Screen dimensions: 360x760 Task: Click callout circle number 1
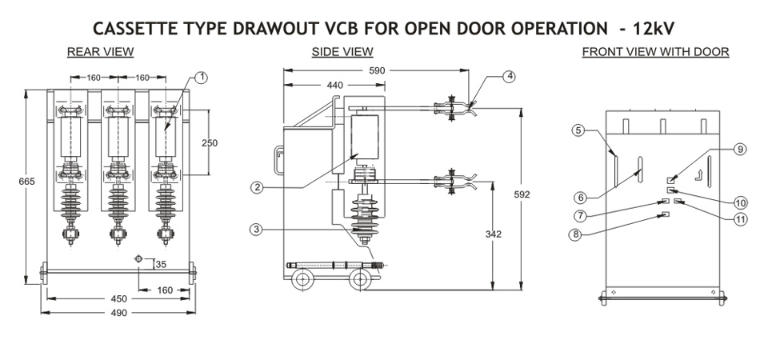(x=201, y=78)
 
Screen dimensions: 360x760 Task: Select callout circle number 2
(x=257, y=187)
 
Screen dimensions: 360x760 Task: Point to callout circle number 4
(x=509, y=77)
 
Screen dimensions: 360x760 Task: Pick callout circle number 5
(x=578, y=130)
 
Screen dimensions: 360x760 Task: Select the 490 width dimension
(x=118, y=312)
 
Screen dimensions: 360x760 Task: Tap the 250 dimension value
(x=209, y=143)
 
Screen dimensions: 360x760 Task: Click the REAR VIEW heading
(x=100, y=52)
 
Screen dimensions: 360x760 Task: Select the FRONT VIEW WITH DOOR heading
(x=655, y=52)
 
